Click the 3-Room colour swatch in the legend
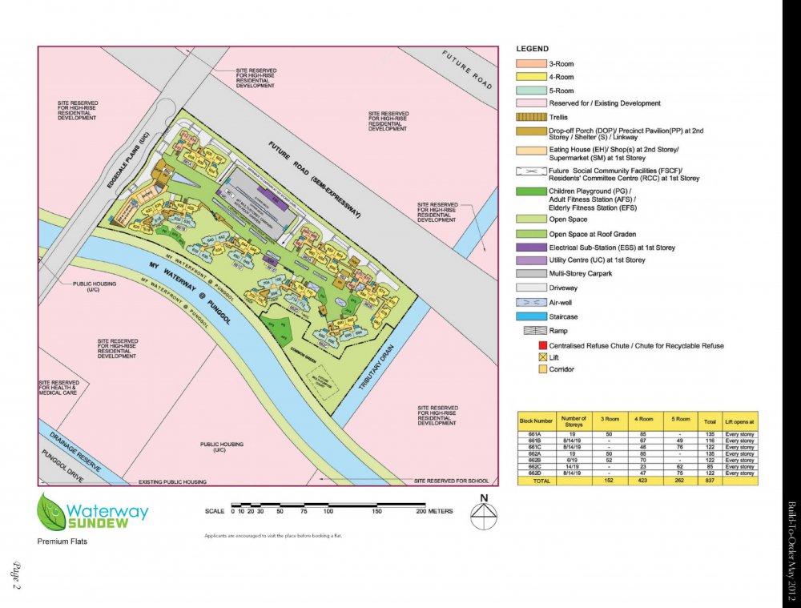point(530,63)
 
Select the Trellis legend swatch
point(530,117)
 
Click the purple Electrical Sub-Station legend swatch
point(530,248)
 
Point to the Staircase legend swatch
point(530,316)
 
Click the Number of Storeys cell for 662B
point(573,461)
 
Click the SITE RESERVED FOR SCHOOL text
point(452,481)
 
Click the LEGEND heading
point(533,49)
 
